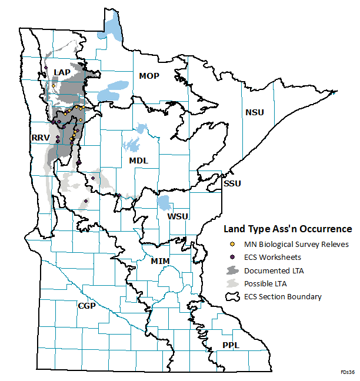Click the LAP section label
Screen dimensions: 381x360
click(62, 72)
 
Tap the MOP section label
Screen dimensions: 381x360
click(149, 76)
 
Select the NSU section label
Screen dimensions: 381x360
click(255, 112)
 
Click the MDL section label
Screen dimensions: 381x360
click(139, 161)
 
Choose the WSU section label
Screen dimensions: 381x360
click(178, 216)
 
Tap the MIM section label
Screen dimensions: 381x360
click(160, 260)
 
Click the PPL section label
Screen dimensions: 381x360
click(231, 345)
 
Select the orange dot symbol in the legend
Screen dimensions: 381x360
click(232, 244)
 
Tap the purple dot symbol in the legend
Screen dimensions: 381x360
click(232, 257)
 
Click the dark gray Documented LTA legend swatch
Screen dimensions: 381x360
click(232, 270)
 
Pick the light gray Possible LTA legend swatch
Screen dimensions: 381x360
click(232, 283)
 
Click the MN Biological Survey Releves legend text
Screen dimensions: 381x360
click(296, 244)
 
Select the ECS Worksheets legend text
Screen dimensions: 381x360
click(273, 257)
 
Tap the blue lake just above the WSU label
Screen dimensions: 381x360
click(164, 203)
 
